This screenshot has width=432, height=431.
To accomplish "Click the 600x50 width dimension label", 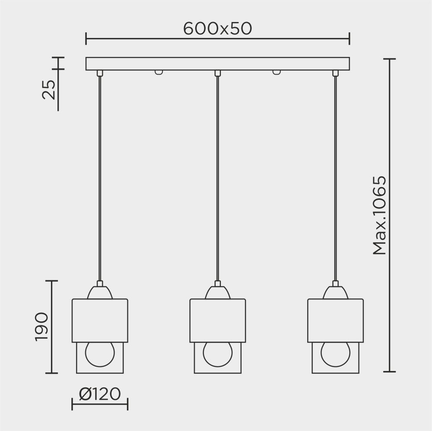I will [217, 28].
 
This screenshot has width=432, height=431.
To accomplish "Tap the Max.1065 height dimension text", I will [379, 215].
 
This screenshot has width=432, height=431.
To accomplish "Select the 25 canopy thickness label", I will [50, 90].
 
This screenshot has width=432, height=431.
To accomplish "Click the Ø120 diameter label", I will [100, 393].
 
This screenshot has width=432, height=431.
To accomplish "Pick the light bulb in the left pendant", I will [100, 353].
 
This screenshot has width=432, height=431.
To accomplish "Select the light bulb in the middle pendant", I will [218, 353].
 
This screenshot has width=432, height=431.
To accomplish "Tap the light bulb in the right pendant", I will [335, 353].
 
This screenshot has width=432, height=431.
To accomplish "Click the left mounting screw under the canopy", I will [159, 72].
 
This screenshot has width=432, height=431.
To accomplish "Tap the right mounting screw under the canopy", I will [276, 72].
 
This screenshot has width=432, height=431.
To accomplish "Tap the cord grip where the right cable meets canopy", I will [335, 73].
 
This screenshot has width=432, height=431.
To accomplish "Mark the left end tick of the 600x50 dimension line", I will [86, 38].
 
